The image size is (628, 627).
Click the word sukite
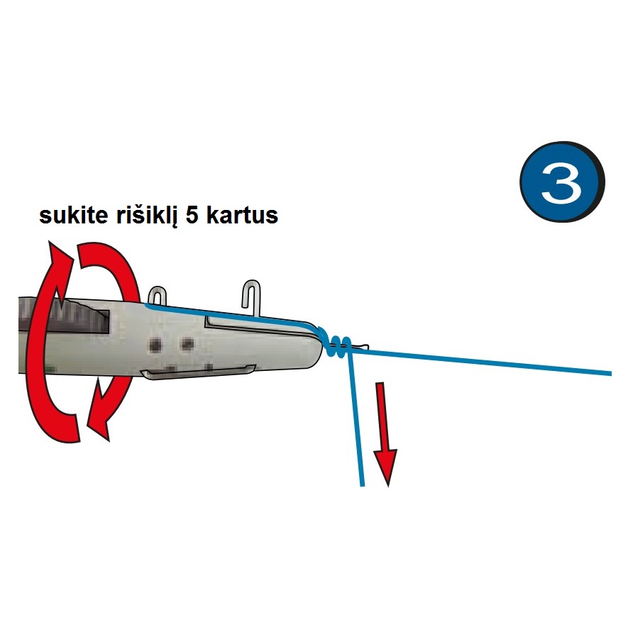pyautogui.click(x=73, y=216)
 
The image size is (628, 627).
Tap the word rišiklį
pyautogui.click(x=146, y=216)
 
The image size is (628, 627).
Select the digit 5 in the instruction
pyautogui.click(x=192, y=216)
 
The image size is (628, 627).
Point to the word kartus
pyautogui.click(x=242, y=216)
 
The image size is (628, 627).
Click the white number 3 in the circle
pyautogui.click(x=561, y=183)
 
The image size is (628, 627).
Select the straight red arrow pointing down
pyautogui.click(x=385, y=434)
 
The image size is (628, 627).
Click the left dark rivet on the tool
pyautogui.click(x=155, y=344)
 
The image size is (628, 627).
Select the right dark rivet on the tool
pyautogui.click(x=187, y=343)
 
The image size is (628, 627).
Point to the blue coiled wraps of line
pyautogui.click(x=336, y=343)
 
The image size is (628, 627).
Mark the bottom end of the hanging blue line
pyautogui.click(x=363, y=486)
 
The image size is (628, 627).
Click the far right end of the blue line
pyautogui.click(x=610, y=374)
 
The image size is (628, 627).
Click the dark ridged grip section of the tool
pyautogui.click(x=64, y=316)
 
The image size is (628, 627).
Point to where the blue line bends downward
pyautogui.click(x=350, y=353)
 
